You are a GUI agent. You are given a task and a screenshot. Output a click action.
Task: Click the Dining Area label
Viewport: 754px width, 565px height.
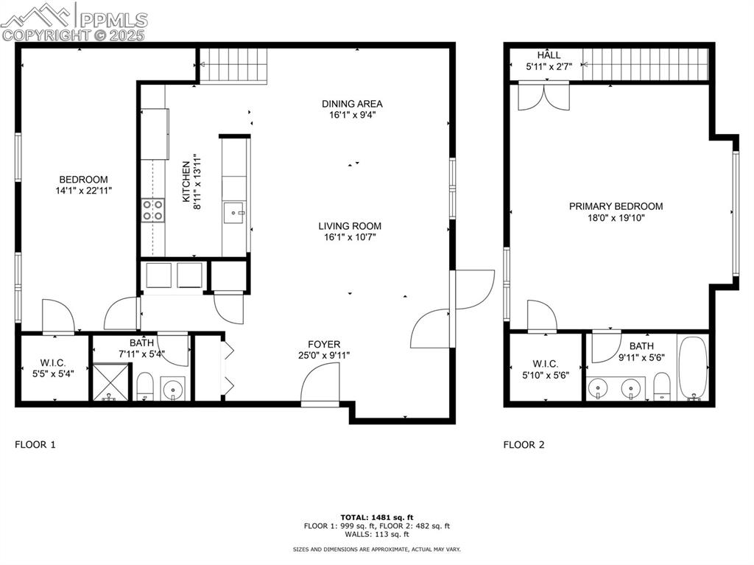(x=352, y=103)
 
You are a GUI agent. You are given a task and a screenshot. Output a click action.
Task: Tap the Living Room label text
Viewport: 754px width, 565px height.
(x=350, y=225)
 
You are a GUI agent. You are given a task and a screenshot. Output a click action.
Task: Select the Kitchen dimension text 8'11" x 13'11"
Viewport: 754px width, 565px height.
(x=197, y=182)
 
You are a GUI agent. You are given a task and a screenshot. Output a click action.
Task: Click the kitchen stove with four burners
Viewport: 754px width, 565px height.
(x=152, y=211)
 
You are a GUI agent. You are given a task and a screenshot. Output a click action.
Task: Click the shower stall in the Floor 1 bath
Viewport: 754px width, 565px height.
(x=111, y=382)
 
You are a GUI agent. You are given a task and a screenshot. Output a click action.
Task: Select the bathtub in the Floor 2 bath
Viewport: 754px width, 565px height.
(x=693, y=368)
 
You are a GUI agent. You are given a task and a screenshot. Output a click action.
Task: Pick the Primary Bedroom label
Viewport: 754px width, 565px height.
(x=616, y=206)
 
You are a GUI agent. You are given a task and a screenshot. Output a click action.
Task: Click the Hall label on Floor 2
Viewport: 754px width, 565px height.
(x=549, y=55)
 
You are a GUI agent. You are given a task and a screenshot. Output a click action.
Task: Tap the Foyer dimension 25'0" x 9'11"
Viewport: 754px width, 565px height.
(x=324, y=356)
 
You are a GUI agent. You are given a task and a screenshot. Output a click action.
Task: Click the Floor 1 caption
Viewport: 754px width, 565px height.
(x=35, y=444)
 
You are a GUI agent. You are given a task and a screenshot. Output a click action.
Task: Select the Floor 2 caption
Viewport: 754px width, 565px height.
(x=524, y=444)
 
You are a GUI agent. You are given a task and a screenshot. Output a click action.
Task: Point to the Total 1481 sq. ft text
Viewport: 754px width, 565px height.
(x=377, y=517)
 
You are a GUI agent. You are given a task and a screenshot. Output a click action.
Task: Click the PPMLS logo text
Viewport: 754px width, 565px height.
(x=113, y=20)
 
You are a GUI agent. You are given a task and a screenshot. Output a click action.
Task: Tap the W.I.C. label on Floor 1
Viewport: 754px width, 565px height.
(x=53, y=363)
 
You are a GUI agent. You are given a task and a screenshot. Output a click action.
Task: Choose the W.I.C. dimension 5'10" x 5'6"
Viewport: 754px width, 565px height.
(x=546, y=376)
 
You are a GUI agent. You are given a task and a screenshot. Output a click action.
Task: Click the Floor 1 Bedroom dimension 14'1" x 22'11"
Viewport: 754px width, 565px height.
(x=84, y=191)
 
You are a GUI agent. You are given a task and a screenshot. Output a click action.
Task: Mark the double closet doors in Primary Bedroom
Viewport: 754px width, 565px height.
(x=544, y=97)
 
